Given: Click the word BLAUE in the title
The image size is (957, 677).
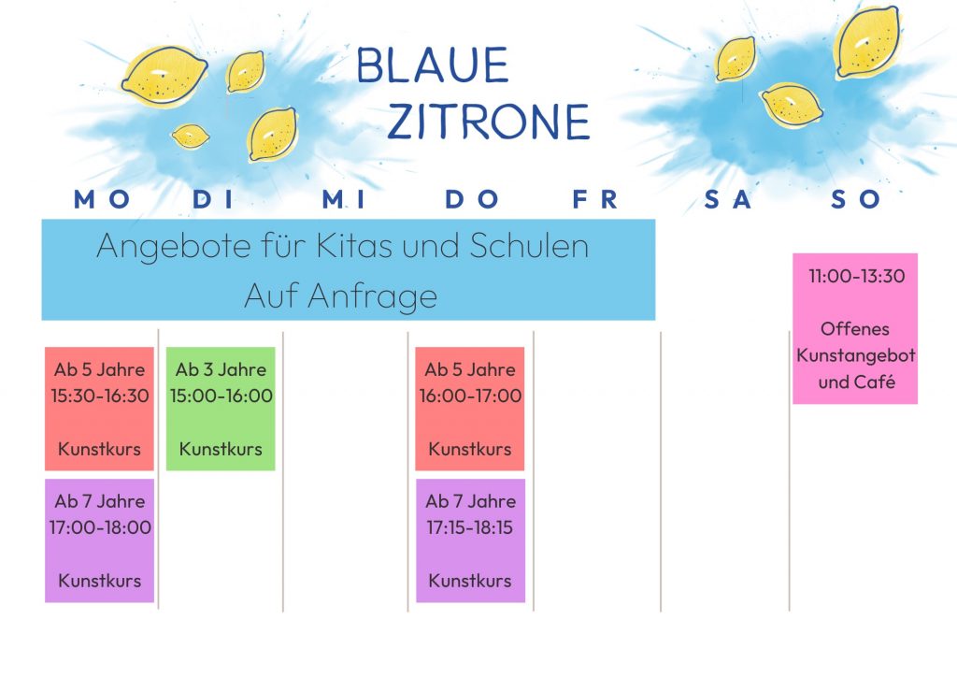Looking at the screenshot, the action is tap(432, 65).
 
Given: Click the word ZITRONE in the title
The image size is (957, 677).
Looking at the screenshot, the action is tap(488, 122).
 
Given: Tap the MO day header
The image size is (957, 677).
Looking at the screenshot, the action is tap(101, 199).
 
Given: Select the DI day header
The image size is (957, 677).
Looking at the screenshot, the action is tap(213, 199).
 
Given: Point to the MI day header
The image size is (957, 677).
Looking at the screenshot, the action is tap(344, 199).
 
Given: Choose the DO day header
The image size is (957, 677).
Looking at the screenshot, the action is tap(472, 199).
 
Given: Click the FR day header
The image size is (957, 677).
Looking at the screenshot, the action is tap(595, 199).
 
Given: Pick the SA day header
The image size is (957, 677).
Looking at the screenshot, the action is tap(727, 199).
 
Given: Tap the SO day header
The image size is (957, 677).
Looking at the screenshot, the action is tap(855, 199).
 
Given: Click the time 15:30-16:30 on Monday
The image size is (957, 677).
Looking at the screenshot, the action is tap(99, 396).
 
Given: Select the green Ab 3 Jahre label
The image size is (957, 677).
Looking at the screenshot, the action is tap(221, 369).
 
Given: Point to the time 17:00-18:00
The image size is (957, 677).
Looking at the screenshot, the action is tap(100, 527).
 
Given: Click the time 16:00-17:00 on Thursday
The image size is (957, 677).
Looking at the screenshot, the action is tap(470, 396).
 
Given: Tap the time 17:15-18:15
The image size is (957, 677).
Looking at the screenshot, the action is tap(469, 527).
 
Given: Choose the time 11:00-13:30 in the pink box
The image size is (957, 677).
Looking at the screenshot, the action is tap(856, 276).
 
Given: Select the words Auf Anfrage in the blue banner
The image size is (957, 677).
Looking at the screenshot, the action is tap(340, 296).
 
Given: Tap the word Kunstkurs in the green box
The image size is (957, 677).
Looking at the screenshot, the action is tap(221, 449).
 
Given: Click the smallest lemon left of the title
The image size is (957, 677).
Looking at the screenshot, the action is tap(191, 136).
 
